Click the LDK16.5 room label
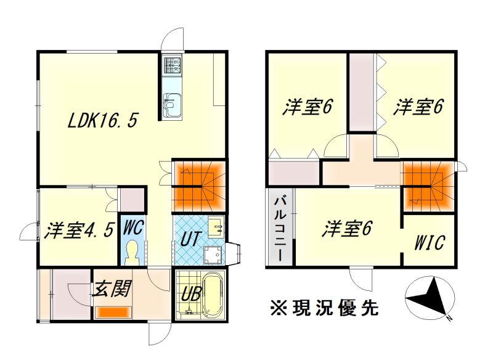102,120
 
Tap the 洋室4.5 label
79,231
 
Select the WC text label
134,227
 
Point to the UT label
190,239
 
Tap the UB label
191,294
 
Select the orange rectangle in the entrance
113,312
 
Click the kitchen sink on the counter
172,105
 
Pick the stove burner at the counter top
172,65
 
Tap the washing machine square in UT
213,255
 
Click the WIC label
430,243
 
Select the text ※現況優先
324,308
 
